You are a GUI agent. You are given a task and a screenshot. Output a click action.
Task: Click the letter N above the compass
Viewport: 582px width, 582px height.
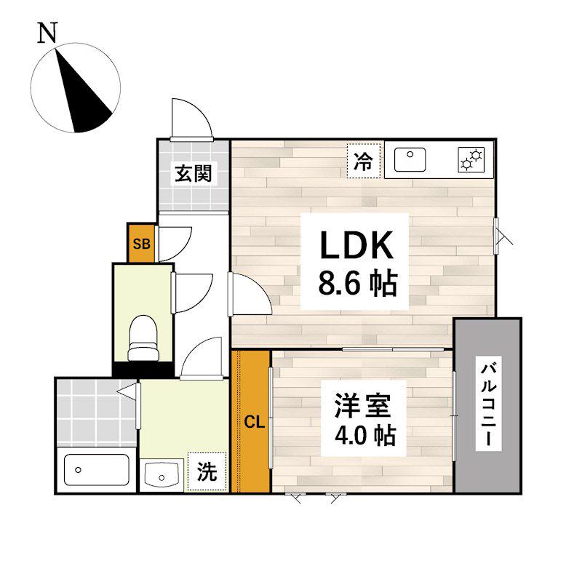pos(47,33)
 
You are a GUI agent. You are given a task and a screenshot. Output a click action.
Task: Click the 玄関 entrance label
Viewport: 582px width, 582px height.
pos(193,173)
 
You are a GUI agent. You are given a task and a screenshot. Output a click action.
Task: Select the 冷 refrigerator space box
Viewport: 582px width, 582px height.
pos(364,160)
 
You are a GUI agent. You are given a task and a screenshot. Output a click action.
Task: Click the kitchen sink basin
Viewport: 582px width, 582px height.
pos(410,159)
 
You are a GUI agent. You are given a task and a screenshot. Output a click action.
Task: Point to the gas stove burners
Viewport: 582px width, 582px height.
pos(471,159)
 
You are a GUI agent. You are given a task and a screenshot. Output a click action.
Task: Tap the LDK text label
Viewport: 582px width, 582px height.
pos(356,245)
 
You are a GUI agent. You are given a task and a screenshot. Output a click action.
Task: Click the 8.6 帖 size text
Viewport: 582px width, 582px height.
pos(358,284)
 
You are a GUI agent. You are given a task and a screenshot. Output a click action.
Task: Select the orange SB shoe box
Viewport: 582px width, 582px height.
pos(141,243)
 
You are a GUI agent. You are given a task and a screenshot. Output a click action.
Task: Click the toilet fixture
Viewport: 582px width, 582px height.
pos(143,338)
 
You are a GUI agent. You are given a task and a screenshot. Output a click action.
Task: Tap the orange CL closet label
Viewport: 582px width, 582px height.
pos(254,422)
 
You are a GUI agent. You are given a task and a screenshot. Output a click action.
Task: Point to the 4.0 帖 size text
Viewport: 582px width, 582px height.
pos(365,435)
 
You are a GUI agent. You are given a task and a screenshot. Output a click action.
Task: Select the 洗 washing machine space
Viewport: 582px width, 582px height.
pos(207,471)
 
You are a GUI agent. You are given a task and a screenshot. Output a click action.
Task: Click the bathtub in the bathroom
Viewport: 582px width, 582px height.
pos(96,470)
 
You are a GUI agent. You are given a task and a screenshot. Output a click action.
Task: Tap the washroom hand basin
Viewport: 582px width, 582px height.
pos(162,474)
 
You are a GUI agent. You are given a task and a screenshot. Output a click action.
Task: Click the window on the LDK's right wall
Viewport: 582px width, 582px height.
pos(496,236)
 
